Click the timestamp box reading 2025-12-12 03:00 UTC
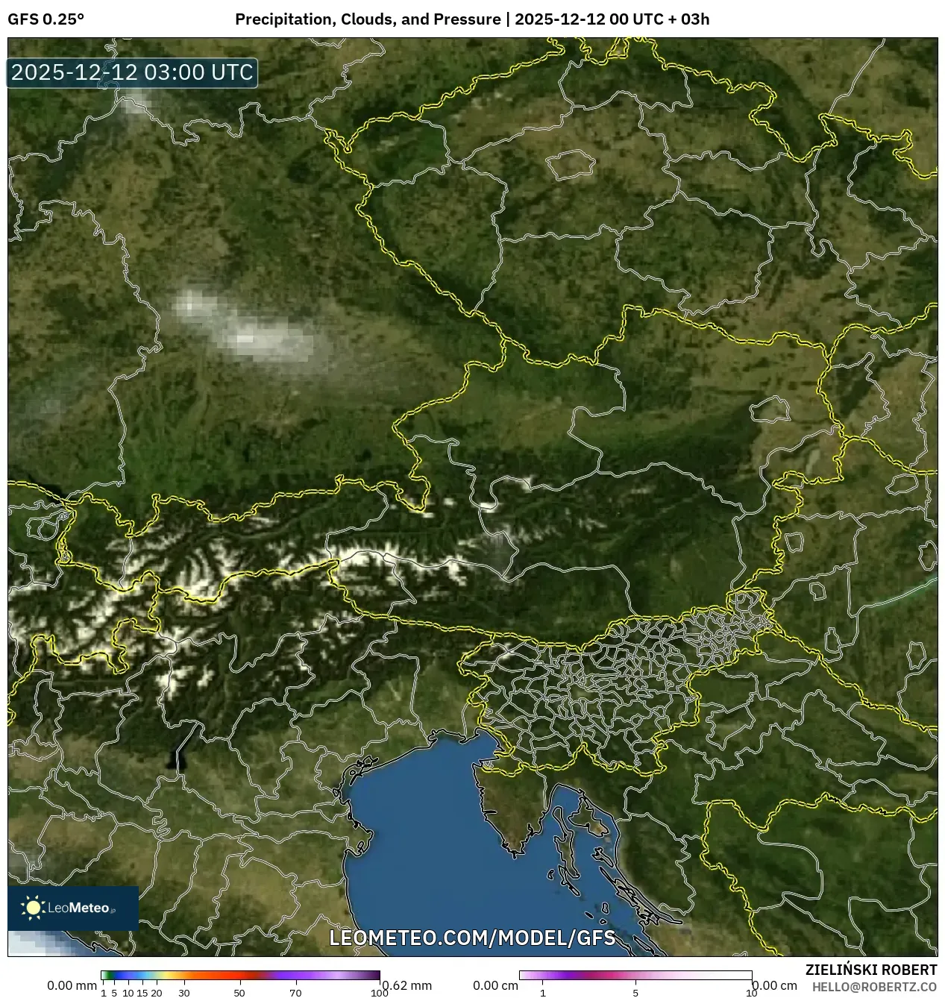click(x=132, y=72)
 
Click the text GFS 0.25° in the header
click(x=45, y=19)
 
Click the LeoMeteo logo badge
click(x=73, y=908)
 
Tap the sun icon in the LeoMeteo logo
click(x=33, y=907)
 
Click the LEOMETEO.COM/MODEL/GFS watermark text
click(x=472, y=938)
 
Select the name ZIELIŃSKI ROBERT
click(x=870, y=970)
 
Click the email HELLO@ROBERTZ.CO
click(x=873, y=987)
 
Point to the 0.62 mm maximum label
click(x=407, y=985)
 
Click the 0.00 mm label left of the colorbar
click(x=72, y=985)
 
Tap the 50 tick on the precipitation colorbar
click(x=239, y=993)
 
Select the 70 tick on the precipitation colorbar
click(x=295, y=993)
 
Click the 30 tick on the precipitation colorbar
click(x=184, y=993)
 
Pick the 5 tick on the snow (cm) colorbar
click(x=635, y=993)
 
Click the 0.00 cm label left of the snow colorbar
click(x=495, y=985)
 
